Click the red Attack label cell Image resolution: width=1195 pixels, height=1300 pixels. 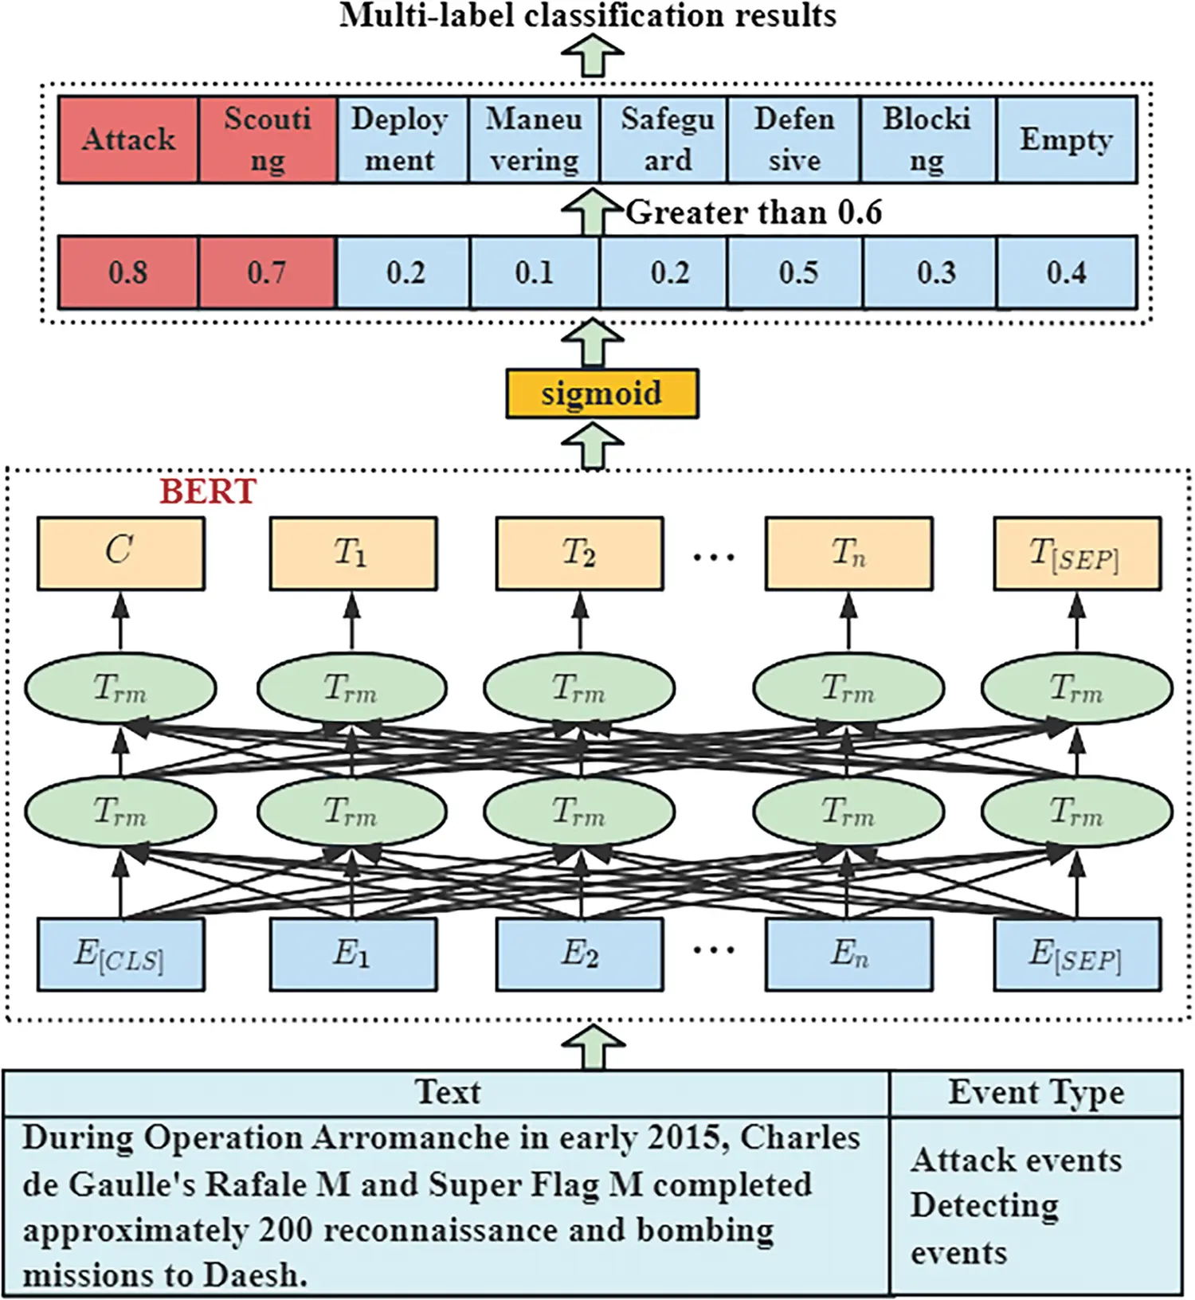[x=127, y=139]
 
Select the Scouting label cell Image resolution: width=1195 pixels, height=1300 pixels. [x=268, y=139]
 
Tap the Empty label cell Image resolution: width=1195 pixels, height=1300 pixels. [x=1066, y=139]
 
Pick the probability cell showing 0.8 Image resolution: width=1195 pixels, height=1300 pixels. [x=127, y=272]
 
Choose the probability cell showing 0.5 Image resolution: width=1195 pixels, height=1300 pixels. [x=797, y=272]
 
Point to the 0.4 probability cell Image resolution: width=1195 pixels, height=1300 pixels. [x=1066, y=272]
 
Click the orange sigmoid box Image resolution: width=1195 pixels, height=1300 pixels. [x=601, y=394]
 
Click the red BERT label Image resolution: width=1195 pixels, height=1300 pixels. [x=208, y=491]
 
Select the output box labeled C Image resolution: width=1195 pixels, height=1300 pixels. [x=120, y=554]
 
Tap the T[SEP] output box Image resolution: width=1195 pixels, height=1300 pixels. [x=1076, y=554]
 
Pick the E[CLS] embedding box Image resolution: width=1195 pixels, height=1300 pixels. [x=120, y=954]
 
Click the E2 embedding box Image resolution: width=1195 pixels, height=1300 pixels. [x=579, y=954]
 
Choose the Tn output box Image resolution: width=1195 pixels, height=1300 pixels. [x=848, y=554]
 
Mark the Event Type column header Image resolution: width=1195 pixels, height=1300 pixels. [x=1036, y=1092]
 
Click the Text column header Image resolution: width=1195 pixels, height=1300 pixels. [x=448, y=1092]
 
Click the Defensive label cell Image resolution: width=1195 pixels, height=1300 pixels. [x=794, y=139]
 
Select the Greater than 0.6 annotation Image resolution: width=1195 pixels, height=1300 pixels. [x=753, y=212]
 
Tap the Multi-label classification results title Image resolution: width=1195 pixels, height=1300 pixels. [x=588, y=15]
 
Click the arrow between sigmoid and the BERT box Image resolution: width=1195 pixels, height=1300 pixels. [x=592, y=444]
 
